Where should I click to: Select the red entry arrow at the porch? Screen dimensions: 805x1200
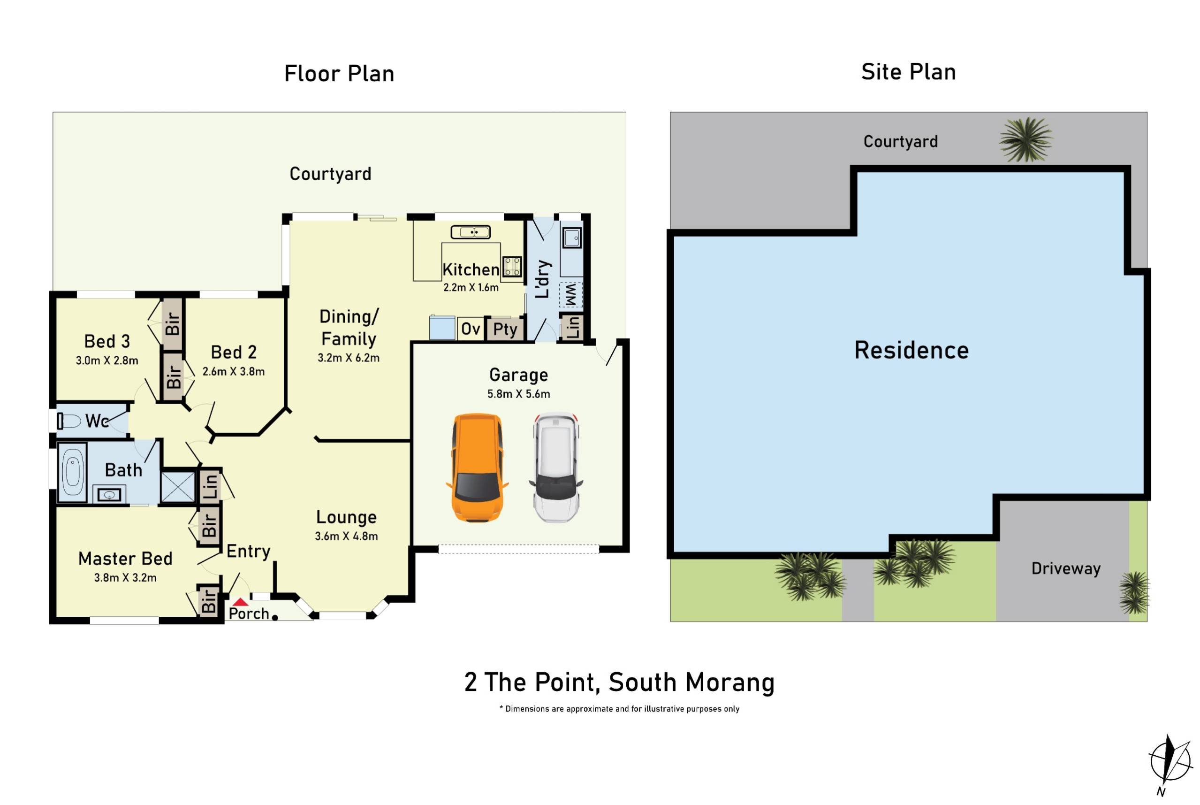240,602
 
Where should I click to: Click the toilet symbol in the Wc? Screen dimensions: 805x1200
69,422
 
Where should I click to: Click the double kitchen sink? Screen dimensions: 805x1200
471,232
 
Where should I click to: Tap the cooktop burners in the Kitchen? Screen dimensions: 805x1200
511,266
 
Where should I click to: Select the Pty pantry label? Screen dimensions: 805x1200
505,329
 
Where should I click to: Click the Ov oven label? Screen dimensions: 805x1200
470,329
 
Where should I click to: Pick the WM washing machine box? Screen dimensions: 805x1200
570,295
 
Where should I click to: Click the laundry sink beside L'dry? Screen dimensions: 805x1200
571,238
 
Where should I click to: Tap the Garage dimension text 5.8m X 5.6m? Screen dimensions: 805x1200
518,394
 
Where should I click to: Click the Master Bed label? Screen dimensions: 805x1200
125,559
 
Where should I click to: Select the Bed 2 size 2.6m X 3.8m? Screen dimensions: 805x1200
234,371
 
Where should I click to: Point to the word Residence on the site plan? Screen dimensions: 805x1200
911,351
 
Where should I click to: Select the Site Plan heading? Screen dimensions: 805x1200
908,72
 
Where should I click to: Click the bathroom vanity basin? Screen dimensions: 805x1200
109,495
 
